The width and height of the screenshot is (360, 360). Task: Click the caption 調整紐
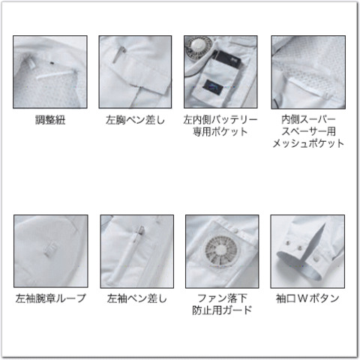pos(50,120)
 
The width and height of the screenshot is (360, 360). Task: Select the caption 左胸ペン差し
pos(135,120)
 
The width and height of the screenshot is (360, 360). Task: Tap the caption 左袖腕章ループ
pos(51,298)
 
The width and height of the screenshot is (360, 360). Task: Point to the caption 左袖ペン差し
pos(136,298)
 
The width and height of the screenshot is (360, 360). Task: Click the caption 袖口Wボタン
pos(307,298)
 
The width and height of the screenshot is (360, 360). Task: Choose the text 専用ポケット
pos(220,132)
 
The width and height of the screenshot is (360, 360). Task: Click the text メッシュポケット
pos(308,144)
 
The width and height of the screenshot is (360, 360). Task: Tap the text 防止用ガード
pos(222,310)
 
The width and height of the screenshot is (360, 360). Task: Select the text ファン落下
pos(222,298)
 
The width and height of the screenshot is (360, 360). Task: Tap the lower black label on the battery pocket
pos(213,86)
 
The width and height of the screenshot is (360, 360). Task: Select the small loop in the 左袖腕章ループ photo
pos(51,250)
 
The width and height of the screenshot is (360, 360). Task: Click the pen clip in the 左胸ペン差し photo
pos(118,55)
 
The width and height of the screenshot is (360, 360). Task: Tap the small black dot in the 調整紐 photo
pos(52,63)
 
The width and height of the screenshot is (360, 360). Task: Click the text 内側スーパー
pos(308,120)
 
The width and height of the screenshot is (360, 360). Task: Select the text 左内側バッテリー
pos(220,120)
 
